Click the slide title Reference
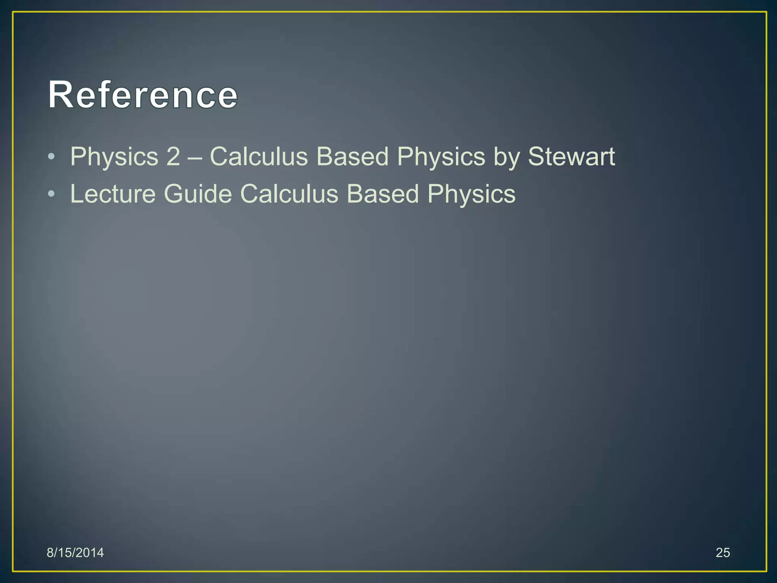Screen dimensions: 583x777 tap(143, 95)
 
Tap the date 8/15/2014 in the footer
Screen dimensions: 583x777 tap(75, 553)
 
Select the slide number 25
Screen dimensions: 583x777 tap(723, 553)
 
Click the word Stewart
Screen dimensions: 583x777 tap(571, 156)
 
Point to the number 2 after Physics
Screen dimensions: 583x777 tap(173, 156)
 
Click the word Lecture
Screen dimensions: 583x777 tap(113, 194)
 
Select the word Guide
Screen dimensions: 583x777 tap(198, 194)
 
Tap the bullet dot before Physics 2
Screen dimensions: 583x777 tap(52, 157)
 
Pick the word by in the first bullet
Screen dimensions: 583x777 tap(506, 157)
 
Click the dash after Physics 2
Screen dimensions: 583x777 tap(195, 157)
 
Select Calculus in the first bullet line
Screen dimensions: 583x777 tap(259, 156)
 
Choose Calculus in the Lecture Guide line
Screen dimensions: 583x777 tap(289, 194)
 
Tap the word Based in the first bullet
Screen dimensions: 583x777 tap(352, 156)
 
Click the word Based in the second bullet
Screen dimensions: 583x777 tap(383, 194)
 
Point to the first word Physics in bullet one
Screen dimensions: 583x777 tap(114, 157)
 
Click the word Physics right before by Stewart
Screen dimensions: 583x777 tap(441, 157)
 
